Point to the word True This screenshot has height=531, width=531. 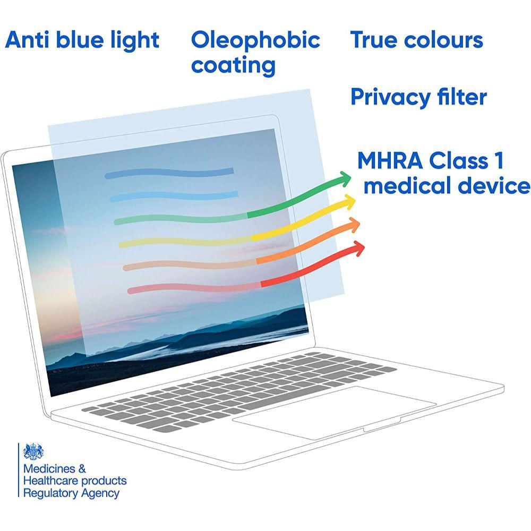pyautogui.click(x=374, y=40)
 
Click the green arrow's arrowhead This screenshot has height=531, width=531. pyautogui.click(x=344, y=179)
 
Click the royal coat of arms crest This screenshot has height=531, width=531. pyautogui.click(x=33, y=451)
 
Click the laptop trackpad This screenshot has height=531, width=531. pyautogui.click(x=333, y=413)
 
